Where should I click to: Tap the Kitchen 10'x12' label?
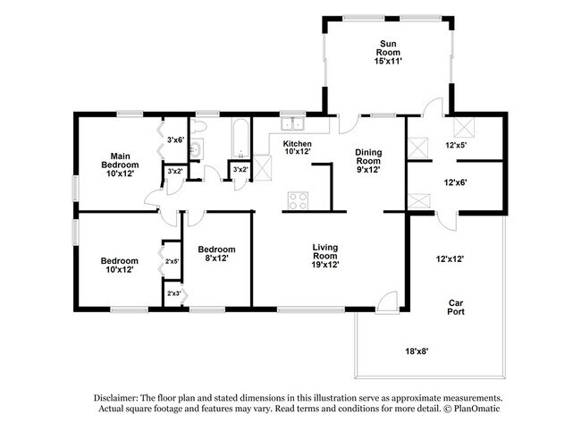(298, 148)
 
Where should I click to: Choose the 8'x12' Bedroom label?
(216, 254)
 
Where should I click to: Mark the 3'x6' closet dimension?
(175, 139)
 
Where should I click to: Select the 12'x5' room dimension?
(457, 145)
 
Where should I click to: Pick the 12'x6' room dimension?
(457, 182)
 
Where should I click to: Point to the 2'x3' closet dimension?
(173, 293)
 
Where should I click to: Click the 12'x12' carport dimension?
(450, 259)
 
